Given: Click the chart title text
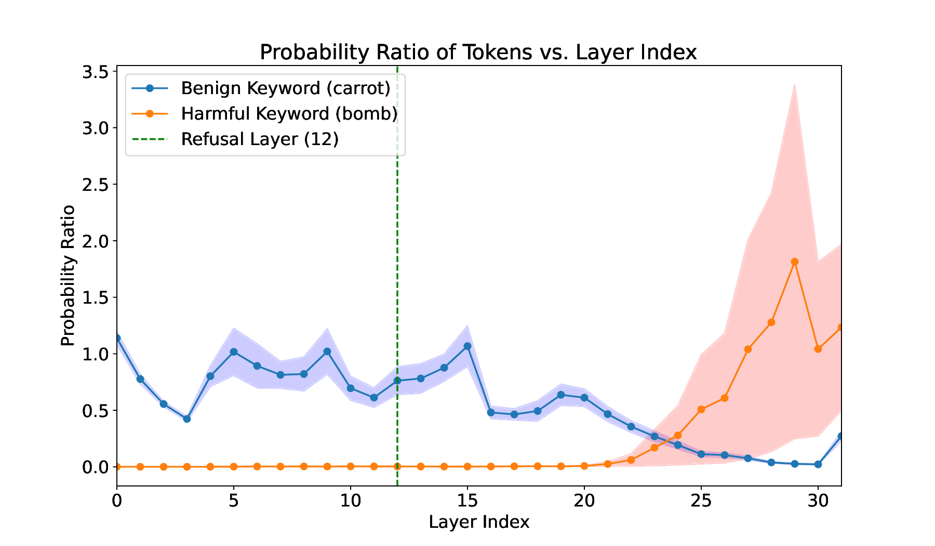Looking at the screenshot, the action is click(478, 53).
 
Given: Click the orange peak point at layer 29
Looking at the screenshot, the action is click(795, 262).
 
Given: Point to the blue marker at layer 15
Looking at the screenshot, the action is click(468, 346).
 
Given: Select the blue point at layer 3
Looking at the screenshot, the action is click(187, 419).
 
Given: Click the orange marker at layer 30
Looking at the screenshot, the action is click(818, 349).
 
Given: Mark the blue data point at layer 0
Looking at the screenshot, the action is click(117, 338).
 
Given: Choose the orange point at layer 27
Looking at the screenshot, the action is click(748, 349).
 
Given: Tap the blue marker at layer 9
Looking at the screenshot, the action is click(327, 352).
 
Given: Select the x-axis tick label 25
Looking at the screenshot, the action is click(701, 501).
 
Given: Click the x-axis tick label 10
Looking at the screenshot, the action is click(351, 501).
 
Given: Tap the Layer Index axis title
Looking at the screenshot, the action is click(479, 522).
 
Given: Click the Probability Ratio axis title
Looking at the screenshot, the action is click(68, 276).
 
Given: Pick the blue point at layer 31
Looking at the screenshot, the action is click(841, 436).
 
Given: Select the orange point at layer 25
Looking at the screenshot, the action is click(701, 409).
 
